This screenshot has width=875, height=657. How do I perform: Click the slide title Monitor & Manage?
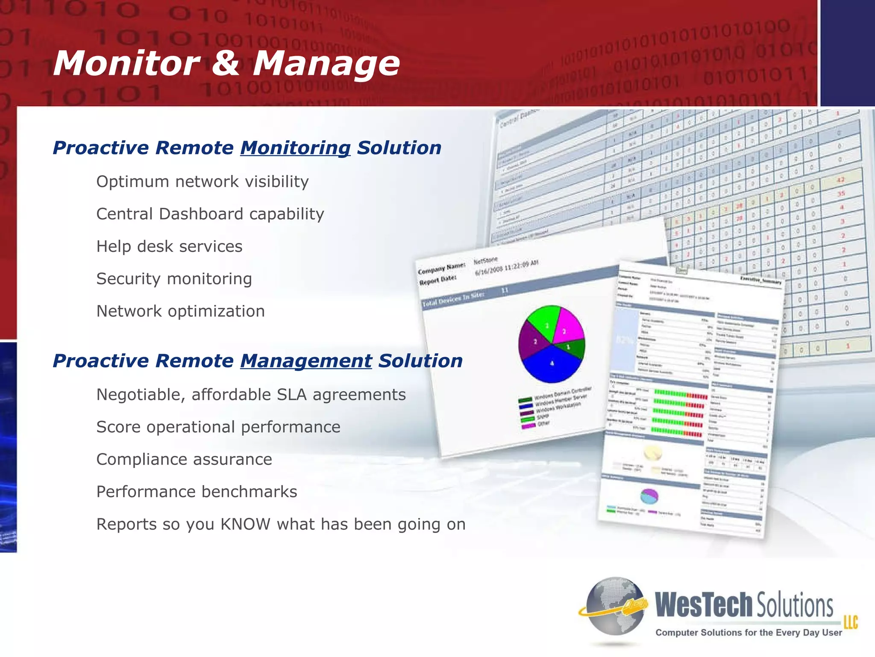tap(226, 63)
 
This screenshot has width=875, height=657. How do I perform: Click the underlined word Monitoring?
tap(295, 148)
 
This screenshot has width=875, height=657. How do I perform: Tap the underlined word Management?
tap(306, 361)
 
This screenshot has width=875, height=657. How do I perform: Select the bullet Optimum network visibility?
tap(203, 182)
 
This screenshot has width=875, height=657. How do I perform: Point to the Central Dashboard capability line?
tap(210, 214)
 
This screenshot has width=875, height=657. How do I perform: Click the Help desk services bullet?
tap(169, 246)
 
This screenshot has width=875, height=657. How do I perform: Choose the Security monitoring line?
tap(174, 279)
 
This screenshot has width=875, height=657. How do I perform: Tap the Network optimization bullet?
tap(180, 311)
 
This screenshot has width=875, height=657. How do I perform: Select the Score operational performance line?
tap(218, 427)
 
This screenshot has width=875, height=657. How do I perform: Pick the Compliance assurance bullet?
tap(184, 459)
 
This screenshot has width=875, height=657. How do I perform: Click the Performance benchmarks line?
tap(197, 492)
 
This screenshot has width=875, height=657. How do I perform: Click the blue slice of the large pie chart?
tap(551, 366)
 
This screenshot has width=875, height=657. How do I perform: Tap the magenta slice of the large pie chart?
tap(567, 326)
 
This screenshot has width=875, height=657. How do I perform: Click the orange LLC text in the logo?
tap(850, 622)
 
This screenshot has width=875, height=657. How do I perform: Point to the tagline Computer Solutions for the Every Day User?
tap(749, 633)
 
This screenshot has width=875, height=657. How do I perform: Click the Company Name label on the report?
tap(441, 269)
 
